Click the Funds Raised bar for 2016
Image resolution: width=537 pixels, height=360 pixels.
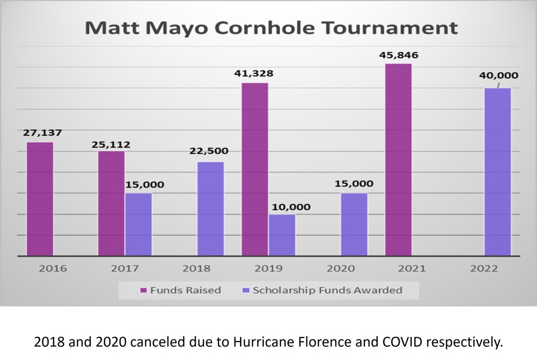[40, 199]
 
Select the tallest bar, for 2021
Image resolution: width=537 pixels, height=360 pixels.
[399, 160]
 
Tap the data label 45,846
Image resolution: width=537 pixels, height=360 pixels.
[400, 55]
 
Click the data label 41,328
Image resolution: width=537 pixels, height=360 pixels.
[254, 74]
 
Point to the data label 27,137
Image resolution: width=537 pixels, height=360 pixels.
[42, 133]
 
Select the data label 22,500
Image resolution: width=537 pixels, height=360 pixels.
[209, 151]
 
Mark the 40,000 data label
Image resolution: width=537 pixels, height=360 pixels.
[498, 76]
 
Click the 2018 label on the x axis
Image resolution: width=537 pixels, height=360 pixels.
[196, 269]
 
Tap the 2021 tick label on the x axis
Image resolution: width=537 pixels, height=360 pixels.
[412, 269]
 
